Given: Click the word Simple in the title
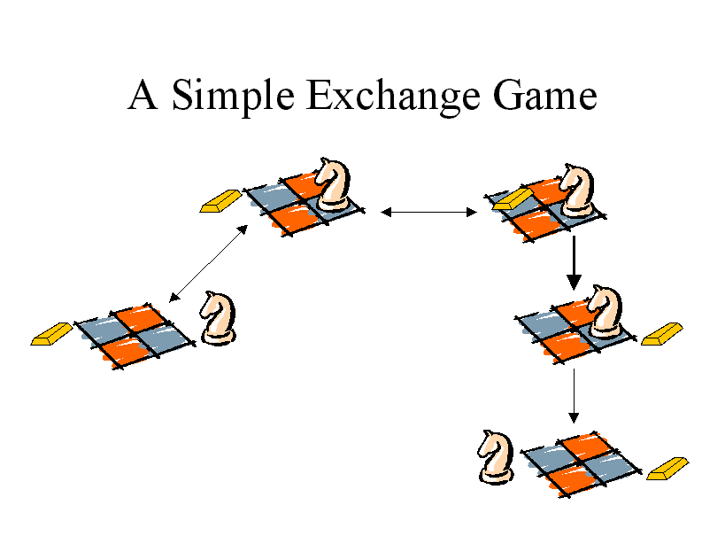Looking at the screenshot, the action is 233,97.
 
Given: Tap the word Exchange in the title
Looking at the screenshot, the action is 393,96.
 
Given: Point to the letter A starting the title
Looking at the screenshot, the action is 143,95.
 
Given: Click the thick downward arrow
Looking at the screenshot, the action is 574,263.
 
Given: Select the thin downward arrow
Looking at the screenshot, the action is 574,396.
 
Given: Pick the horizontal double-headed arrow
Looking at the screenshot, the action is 428,213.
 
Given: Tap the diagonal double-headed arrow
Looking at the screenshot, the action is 208,264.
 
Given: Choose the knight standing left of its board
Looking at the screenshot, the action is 496,457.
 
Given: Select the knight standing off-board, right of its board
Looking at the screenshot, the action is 219,318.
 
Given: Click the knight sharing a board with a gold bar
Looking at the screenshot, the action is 576,190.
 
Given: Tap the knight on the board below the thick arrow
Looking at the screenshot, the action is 605,312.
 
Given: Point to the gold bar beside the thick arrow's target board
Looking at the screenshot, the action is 661,334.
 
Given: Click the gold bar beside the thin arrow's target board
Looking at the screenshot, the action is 667,469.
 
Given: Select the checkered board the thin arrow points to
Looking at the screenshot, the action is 582,464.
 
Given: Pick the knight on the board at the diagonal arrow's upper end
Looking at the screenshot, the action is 333,184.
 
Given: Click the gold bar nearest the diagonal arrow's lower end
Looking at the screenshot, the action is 51,334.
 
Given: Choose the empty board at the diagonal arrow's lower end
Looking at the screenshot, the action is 135,337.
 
